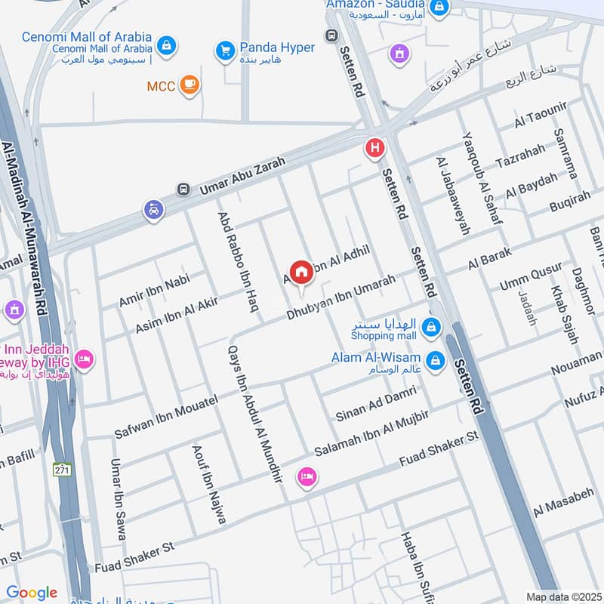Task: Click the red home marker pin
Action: (300, 273)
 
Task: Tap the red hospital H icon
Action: (374, 149)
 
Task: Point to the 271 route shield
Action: (62, 470)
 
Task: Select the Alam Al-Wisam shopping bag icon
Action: (435, 361)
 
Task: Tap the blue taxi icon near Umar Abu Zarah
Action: (154, 211)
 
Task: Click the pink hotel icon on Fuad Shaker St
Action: (307, 476)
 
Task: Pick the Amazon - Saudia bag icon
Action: (439, 9)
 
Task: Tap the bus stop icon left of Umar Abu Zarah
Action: (182, 189)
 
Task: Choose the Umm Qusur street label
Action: (531, 277)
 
